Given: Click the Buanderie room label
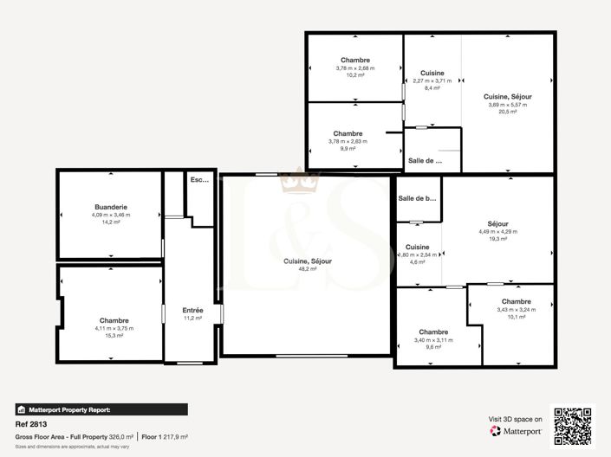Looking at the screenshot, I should tap(111, 207).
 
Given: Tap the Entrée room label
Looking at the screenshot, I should tap(192, 310).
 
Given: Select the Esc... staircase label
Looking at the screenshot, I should tap(199, 180).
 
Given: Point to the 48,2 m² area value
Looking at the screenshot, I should tap(308, 269).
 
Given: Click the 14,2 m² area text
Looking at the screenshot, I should tap(111, 222).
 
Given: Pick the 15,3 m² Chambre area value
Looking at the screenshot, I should tap(114, 336).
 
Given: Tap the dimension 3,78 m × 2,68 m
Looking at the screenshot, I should tap(354, 68).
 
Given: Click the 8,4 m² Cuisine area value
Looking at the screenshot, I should tap(432, 88).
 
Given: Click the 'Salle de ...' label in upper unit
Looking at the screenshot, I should tap(425, 161).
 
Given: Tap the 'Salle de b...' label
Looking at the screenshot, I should tap(416, 199).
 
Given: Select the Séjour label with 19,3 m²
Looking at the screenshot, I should tap(497, 223).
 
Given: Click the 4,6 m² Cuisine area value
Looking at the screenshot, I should tap(416, 262).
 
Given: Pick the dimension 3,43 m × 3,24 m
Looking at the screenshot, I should tap(516, 309).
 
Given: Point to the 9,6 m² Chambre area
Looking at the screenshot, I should tap(433, 348).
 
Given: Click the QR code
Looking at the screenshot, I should tap(573, 426).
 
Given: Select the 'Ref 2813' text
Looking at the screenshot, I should tap(32, 425).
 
